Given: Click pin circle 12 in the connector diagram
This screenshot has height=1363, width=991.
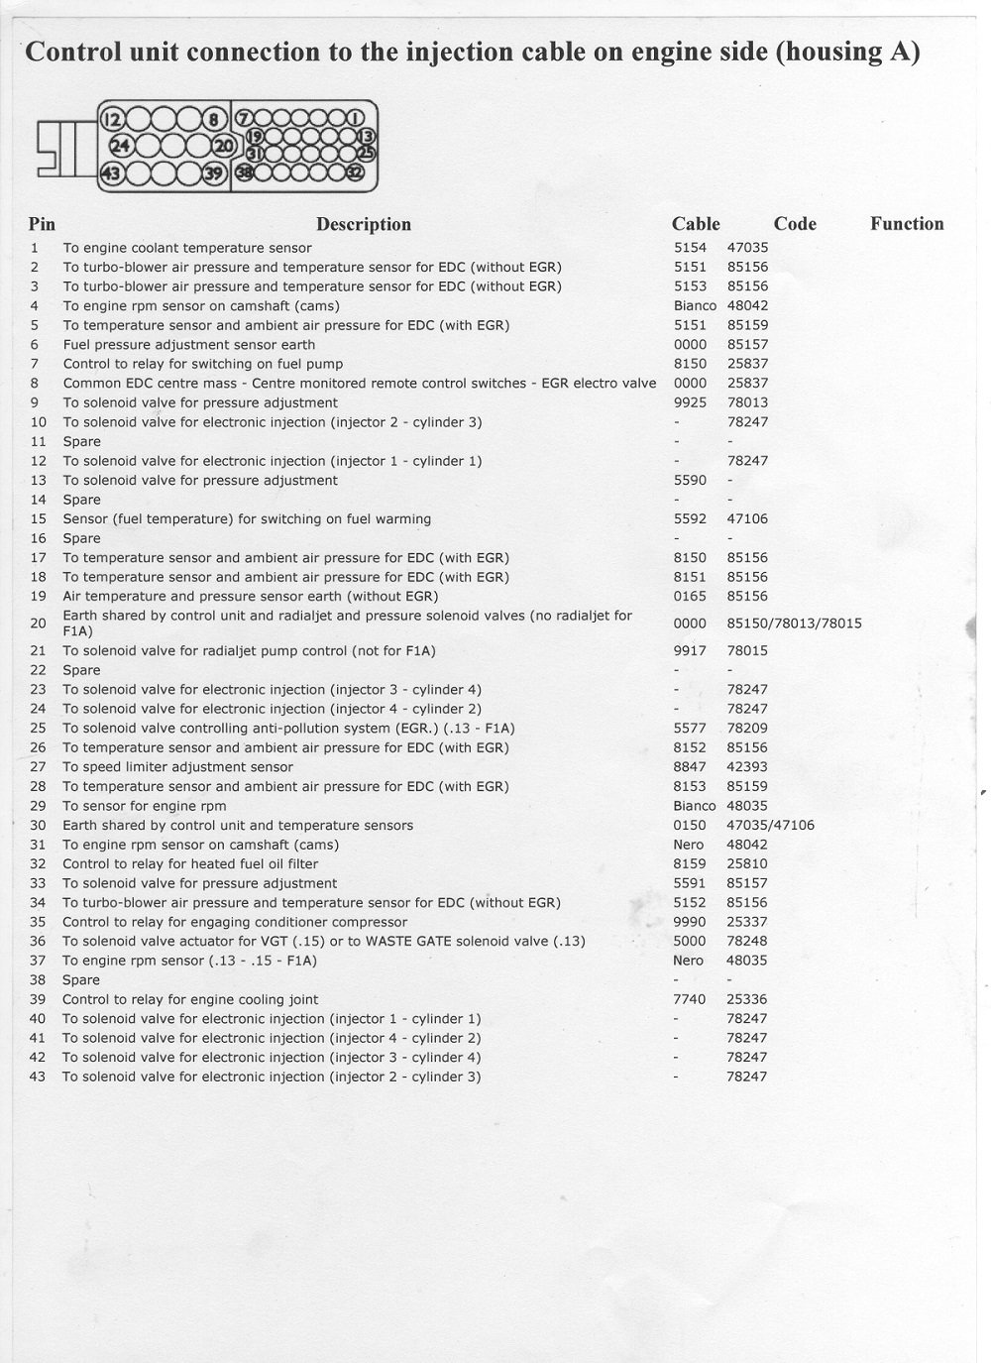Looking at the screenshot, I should tap(112, 121).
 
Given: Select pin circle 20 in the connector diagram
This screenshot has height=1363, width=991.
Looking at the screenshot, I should tap(225, 147).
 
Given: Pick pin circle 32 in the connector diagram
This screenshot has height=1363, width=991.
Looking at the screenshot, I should tap(355, 171).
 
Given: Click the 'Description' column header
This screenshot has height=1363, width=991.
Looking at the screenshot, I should tap(363, 224).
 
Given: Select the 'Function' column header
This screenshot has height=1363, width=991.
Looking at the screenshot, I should tap(907, 224).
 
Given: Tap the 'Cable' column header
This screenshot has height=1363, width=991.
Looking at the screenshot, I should tap(696, 224).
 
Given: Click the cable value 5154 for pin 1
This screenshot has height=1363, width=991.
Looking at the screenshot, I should tap(690, 248).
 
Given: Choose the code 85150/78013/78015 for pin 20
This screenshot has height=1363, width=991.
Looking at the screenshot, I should tap(794, 624).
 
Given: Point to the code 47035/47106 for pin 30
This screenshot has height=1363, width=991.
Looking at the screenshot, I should tap(770, 825).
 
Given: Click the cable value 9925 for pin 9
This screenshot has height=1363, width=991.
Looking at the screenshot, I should tap(690, 402).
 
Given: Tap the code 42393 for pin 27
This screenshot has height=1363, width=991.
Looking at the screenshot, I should tap(747, 766).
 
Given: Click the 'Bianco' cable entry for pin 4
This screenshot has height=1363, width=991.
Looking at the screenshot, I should tap(694, 306).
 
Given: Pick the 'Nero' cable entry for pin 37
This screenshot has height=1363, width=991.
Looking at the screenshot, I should tap(688, 961).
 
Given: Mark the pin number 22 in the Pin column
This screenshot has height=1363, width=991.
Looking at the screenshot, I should tap(39, 670).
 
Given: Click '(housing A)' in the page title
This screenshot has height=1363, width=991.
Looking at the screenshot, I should tap(848, 52).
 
